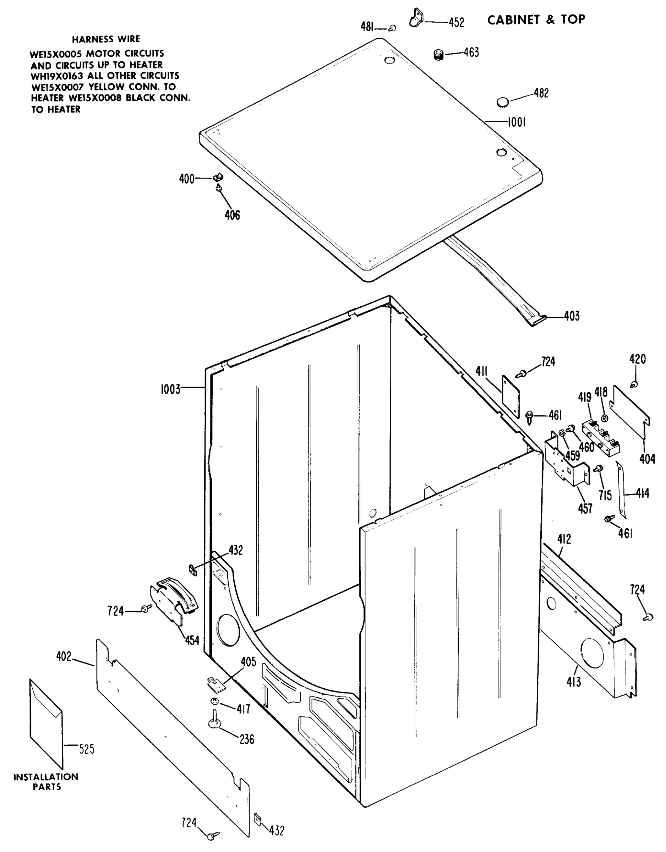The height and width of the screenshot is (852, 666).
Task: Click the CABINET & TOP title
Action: [536, 20]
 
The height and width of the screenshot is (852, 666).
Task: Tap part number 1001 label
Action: [517, 122]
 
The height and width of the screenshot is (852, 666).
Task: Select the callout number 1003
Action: [170, 389]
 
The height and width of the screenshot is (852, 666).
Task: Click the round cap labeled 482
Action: [503, 102]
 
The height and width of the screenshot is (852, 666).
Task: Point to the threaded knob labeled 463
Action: [439, 55]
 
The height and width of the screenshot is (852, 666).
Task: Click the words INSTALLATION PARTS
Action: [46, 782]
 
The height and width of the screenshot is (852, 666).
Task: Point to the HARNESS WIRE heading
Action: [106, 39]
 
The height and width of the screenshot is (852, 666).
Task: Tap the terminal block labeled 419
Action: [600, 438]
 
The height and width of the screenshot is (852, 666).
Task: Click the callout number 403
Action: [572, 316]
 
